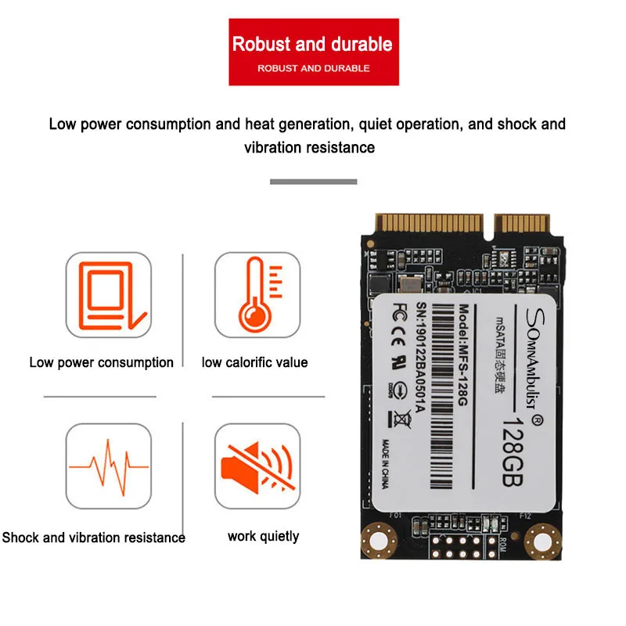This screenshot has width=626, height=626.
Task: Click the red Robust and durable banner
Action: tap(312, 54)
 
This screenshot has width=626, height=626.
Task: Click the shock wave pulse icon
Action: tap(108, 465)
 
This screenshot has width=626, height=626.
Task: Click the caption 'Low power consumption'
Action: tap(102, 362)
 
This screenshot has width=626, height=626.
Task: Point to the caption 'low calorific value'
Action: tap(255, 362)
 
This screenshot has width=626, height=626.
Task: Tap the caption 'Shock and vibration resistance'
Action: tap(94, 538)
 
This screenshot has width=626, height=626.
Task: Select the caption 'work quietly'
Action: tap(264, 536)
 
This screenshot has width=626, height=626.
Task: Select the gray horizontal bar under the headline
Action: tap(313, 182)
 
